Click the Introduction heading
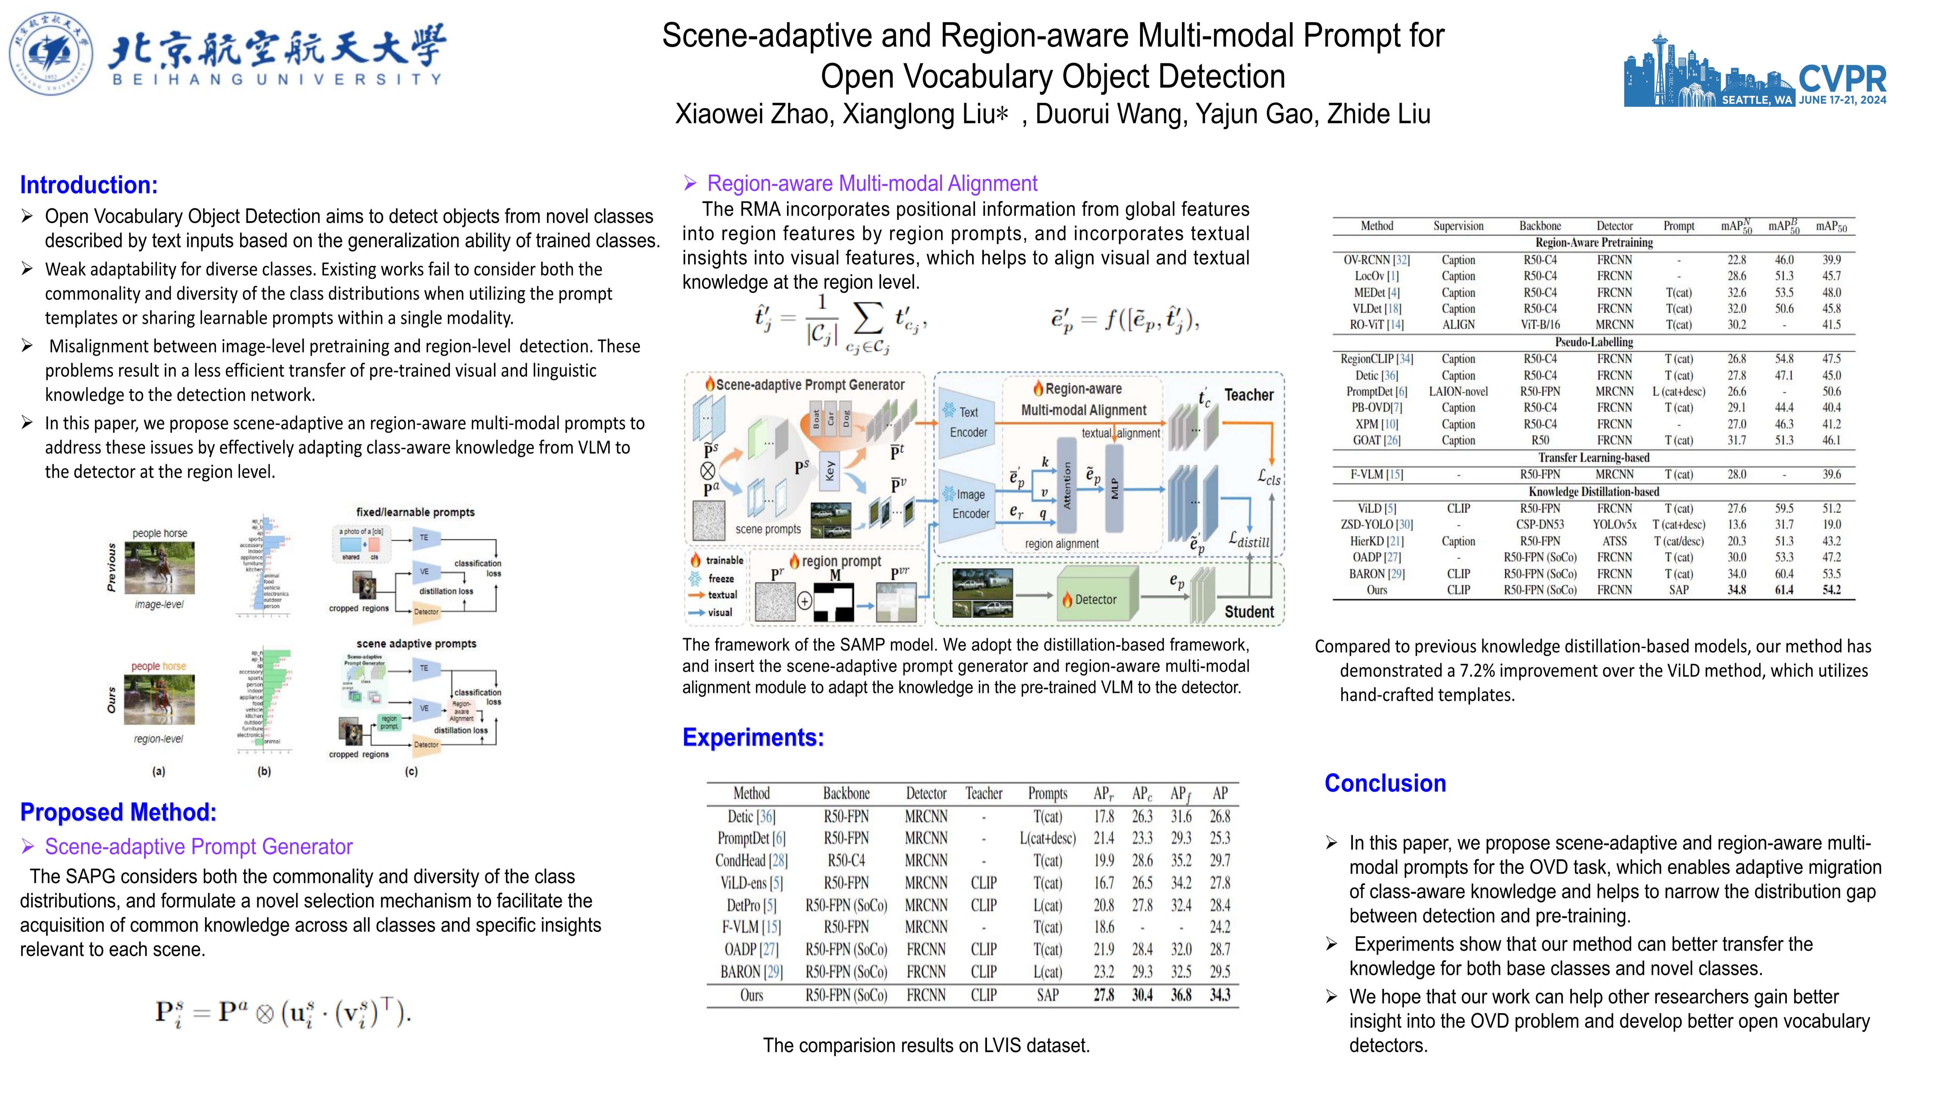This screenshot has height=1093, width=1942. [89, 185]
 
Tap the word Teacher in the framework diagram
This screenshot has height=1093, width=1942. [1248, 395]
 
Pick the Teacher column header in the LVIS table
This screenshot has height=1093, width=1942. [984, 794]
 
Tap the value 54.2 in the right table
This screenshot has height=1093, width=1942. [1831, 590]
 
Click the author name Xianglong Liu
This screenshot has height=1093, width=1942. [924, 114]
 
